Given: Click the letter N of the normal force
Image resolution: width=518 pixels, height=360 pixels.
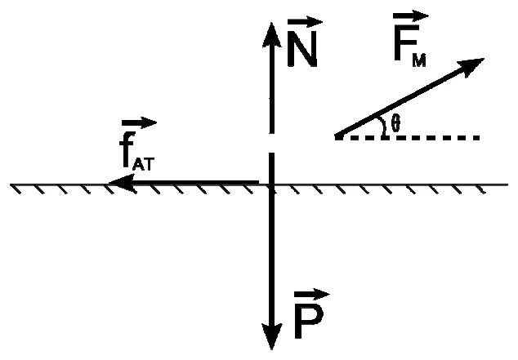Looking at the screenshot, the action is point(302,48).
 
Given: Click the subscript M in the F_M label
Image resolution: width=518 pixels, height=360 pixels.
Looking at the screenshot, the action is point(419,60).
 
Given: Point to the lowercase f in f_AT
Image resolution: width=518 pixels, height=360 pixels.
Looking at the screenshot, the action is point(127,150).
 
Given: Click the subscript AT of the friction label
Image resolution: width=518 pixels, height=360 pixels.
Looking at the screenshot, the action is point(143,163).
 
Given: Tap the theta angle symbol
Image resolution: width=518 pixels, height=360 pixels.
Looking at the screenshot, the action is point(395,123).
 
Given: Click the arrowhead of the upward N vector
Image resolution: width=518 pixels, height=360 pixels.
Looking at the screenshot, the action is point(272,34).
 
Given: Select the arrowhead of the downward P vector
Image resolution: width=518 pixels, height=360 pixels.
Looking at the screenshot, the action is point(272,336).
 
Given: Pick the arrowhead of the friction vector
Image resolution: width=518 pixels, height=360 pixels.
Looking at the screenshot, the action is point(122,183).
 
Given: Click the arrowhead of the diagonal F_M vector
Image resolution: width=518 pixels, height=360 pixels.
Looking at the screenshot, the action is point(471,66).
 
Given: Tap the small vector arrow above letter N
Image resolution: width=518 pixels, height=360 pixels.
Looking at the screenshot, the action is point(305,22).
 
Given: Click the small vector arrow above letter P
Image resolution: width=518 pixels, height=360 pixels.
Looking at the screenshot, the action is point(312,295).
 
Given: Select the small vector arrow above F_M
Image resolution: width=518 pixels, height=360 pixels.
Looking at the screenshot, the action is point(411,16).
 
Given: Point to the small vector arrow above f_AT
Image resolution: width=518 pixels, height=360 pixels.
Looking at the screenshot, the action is point(139,123).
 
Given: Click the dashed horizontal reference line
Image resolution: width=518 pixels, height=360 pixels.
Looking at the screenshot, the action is point(407,138).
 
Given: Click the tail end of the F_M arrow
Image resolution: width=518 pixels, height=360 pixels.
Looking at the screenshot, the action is point(337,136).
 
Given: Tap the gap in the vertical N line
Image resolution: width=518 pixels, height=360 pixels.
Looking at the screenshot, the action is point(272,143).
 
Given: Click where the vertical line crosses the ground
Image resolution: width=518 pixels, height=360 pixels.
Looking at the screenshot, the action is point(272,184).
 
